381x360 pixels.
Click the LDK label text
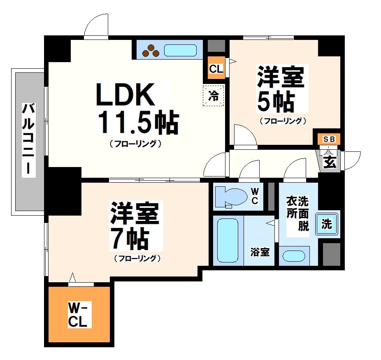tap(125, 94)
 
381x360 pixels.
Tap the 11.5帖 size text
tap(137, 122)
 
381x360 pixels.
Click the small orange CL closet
tap(216, 69)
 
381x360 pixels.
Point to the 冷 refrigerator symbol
tap(214, 96)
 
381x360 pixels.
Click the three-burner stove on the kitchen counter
tap(151, 50)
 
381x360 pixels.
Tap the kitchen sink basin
tap(180, 50)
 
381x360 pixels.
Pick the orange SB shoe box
tap(329, 139)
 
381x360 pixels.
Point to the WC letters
tap(255, 196)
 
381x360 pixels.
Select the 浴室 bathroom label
tap(260, 252)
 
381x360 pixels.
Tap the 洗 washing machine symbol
tap(327, 224)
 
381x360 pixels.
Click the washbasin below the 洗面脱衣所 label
tap(293, 255)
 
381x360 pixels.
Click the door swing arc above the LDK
tap(96, 26)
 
